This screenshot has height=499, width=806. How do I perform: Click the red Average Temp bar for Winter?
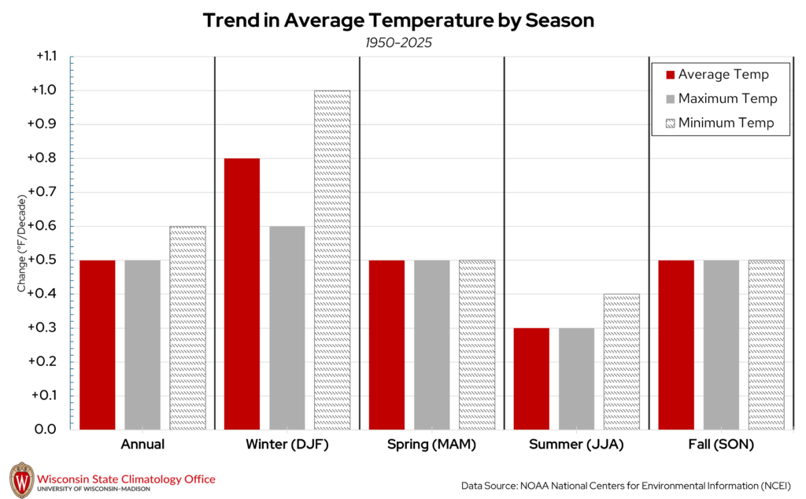(242, 294)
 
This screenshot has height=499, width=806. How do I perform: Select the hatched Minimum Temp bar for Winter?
(332, 260)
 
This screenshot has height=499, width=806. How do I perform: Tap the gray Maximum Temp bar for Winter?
(287, 327)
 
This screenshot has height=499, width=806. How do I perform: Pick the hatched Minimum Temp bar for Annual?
(187, 327)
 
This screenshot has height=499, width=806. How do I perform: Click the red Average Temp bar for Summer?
(531, 379)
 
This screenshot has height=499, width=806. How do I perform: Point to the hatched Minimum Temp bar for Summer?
(622, 361)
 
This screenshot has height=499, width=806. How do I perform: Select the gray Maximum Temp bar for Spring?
(431, 345)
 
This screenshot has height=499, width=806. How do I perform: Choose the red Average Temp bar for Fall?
(676, 345)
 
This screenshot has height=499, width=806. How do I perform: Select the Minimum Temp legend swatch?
(671, 124)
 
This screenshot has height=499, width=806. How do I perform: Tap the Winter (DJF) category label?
(287, 445)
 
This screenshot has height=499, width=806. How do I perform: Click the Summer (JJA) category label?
(576, 445)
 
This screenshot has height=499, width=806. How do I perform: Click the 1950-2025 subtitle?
(398, 43)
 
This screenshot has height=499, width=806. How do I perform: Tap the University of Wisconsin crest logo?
(22, 480)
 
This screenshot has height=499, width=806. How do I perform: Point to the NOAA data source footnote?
(626, 484)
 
